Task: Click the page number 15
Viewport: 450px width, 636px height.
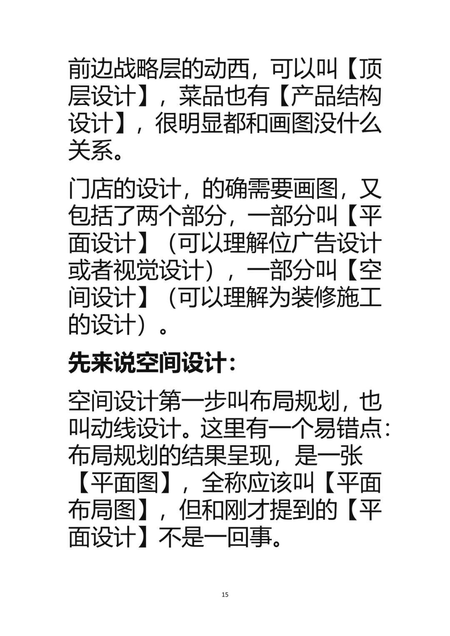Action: tap(225, 594)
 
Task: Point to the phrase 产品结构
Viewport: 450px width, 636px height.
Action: tap(336, 96)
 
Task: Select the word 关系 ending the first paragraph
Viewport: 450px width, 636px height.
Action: tap(90, 150)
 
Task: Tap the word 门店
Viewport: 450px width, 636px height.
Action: tap(90, 189)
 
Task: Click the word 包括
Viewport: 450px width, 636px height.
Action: tap(90, 216)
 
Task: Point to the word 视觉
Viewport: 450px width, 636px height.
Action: tap(136, 270)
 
